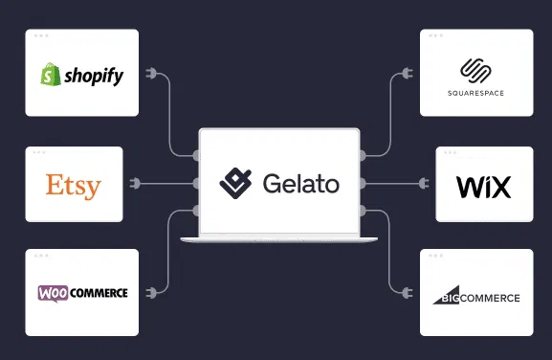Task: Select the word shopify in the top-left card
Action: [x=94, y=77]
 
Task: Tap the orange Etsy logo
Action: [x=74, y=184]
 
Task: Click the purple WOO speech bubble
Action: [x=54, y=293]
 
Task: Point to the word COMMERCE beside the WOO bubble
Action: [x=99, y=293]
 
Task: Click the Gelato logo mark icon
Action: [x=235, y=181]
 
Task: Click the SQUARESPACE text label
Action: [x=476, y=93]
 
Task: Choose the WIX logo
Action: [x=483, y=186]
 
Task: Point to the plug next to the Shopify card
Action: [x=148, y=75]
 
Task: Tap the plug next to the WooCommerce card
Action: [x=148, y=291]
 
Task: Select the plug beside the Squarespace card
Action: [x=411, y=75]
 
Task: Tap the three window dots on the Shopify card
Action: [x=41, y=35]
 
